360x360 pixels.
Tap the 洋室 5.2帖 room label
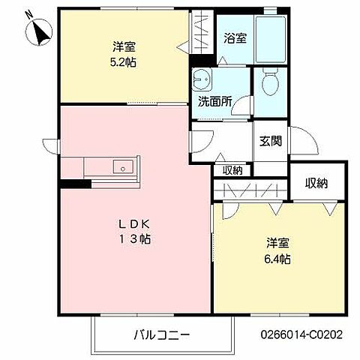tap(124, 53)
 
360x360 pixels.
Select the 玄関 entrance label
tap(270, 139)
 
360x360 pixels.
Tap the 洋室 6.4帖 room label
tap(277, 250)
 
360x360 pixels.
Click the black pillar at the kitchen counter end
tap(70, 183)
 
